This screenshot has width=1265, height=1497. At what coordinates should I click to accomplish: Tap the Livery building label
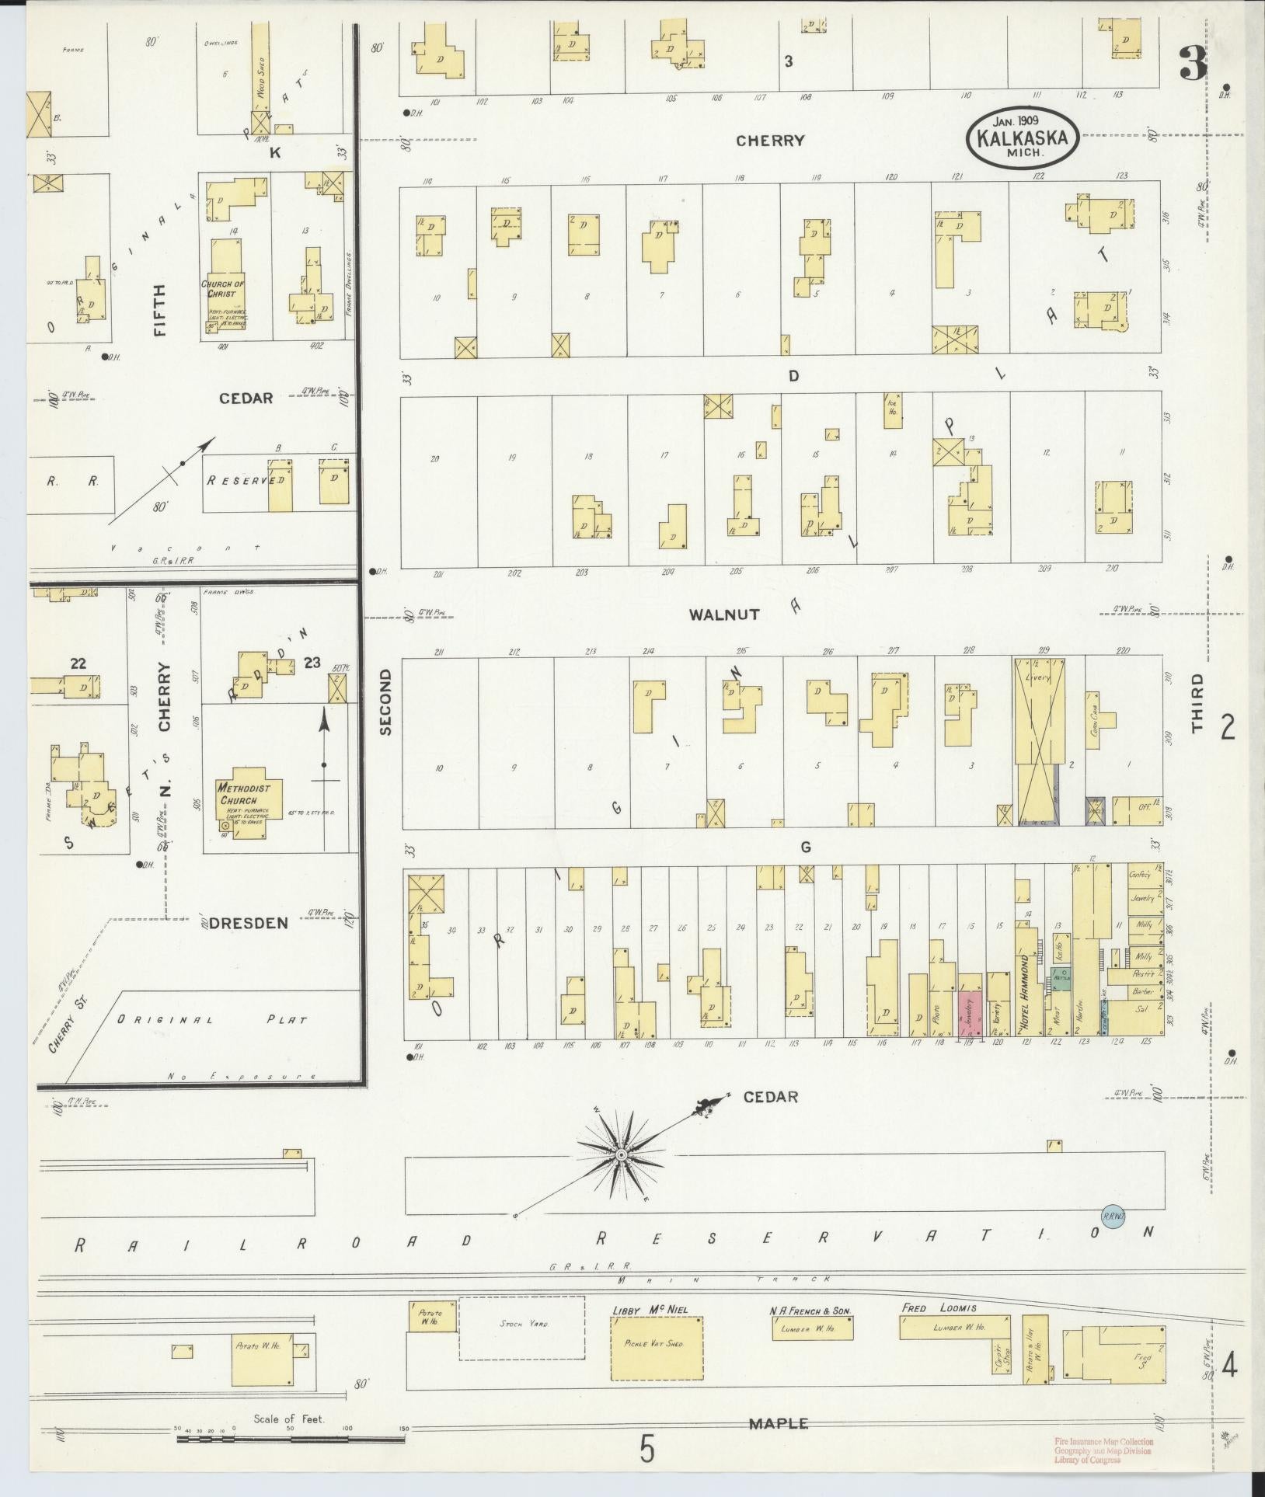pyautogui.click(x=1039, y=677)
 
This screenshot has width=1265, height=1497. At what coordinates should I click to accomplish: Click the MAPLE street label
pyautogui.click(x=778, y=1424)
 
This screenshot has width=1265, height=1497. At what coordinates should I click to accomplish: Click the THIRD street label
pyautogui.click(x=1197, y=703)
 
